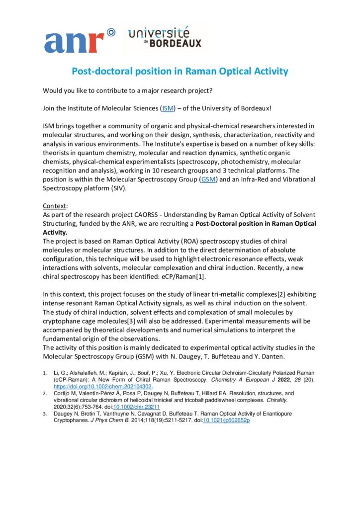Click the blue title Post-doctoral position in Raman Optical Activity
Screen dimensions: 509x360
tap(180, 71)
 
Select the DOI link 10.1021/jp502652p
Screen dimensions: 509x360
tap(226, 420)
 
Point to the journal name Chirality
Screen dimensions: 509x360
tap(294, 400)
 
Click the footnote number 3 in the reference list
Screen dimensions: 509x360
tap(45, 414)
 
